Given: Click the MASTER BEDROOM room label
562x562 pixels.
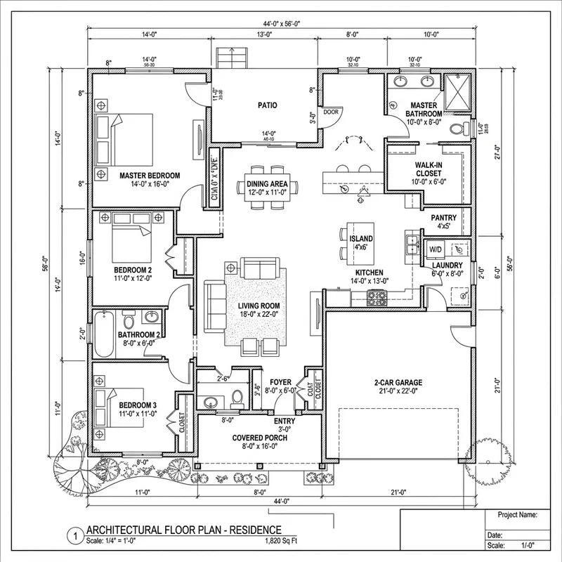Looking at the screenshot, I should [149, 176].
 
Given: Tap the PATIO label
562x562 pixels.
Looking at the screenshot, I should [266, 105].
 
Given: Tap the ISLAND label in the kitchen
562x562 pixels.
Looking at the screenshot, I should [361, 239].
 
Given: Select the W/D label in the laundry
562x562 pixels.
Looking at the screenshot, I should [436, 249].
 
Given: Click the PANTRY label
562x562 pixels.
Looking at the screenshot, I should [444, 218].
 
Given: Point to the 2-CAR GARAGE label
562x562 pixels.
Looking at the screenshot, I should [396, 385].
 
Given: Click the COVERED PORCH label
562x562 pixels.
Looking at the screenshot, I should [260, 437].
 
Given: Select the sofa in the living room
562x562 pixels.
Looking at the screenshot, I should [260, 268].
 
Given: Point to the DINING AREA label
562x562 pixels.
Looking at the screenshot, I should [268, 184].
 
